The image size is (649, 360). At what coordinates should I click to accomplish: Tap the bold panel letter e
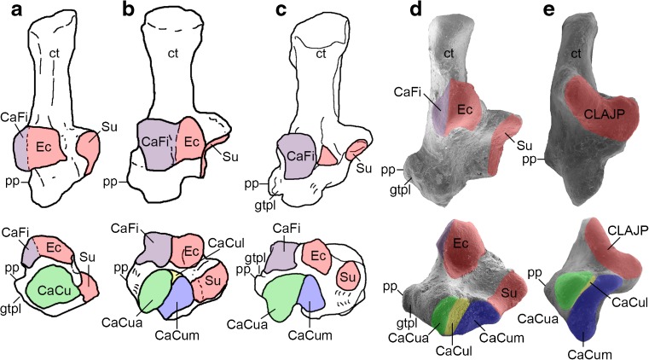pyautogui.click(x=541, y=10)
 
